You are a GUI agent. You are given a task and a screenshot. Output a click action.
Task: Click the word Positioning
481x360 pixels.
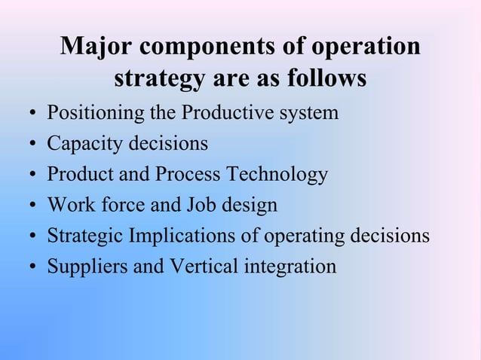(87, 114)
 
